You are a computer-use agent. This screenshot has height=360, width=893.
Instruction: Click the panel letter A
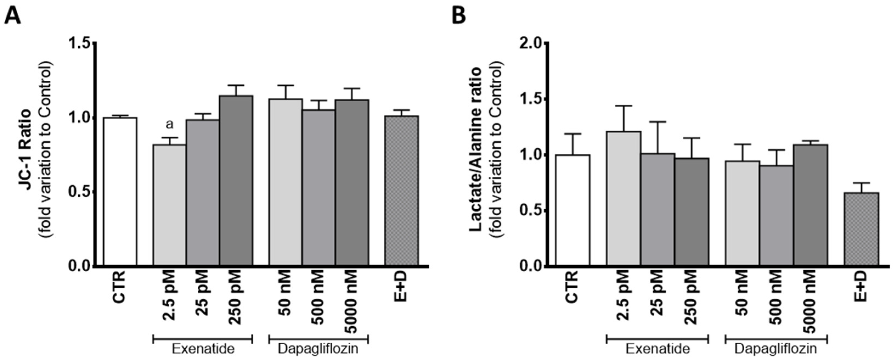click(x=13, y=16)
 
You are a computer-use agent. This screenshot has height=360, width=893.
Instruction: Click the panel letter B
click(x=459, y=16)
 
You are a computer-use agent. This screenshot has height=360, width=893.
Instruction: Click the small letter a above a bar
click(x=170, y=124)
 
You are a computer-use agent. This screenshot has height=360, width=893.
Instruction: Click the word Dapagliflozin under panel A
click(x=318, y=348)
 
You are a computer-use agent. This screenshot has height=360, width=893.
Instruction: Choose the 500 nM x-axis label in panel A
click(x=318, y=298)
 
